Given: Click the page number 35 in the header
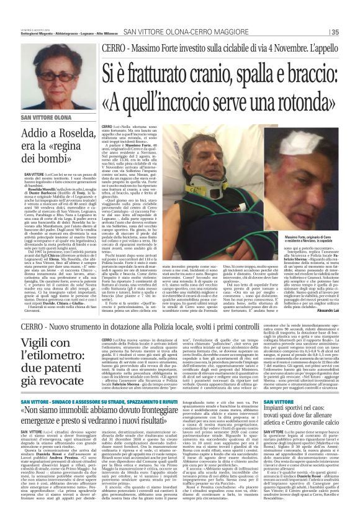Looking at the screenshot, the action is (x=335, y=32).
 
